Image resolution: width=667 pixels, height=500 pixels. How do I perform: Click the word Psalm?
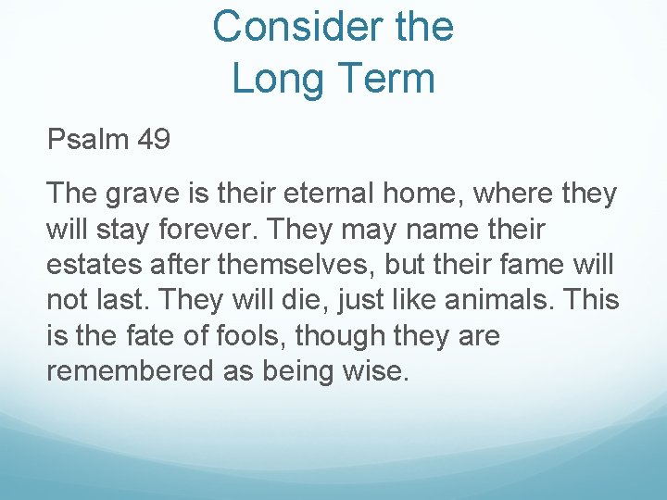88,140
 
